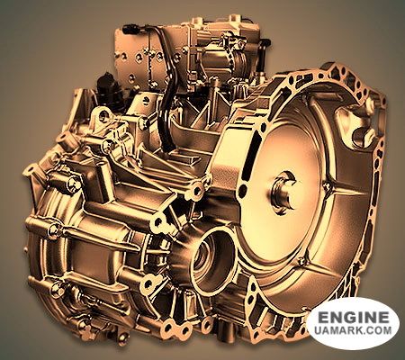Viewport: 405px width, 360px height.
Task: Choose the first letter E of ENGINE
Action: tap(319, 318)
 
